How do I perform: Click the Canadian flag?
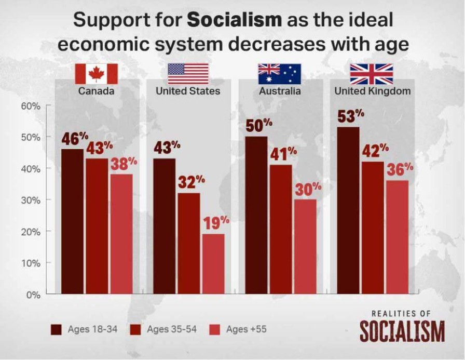pyautogui.click(x=97, y=74)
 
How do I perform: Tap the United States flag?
pyautogui.click(x=188, y=74)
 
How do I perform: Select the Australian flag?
pyautogui.click(x=279, y=74)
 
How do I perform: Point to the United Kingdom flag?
pyautogui.click(x=372, y=74)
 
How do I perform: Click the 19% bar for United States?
pyautogui.click(x=213, y=264)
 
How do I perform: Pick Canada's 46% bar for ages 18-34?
pyautogui.click(x=72, y=221)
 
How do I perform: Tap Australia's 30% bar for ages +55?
pyautogui.click(x=305, y=247)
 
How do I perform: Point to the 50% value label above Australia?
pyautogui.click(x=259, y=125)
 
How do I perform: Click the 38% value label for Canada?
pyautogui.click(x=123, y=163)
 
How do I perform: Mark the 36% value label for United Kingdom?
pyautogui.click(x=400, y=169)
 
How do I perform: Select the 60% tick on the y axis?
pyautogui.click(x=30, y=106)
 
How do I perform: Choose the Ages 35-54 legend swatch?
pyautogui.click(x=136, y=329)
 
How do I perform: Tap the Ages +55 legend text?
pyautogui.click(x=247, y=329)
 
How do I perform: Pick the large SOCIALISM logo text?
pyautogui.click(x=402, y=332)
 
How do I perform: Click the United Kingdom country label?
pyautogui.click(x=373, y=91)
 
